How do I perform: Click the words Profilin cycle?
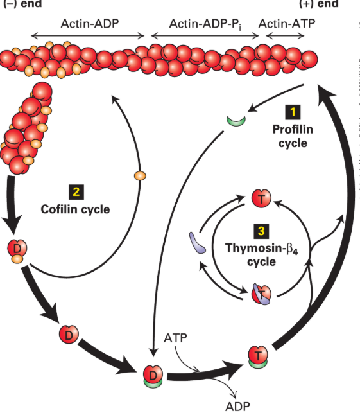pyautogui.click(x=293, y=136)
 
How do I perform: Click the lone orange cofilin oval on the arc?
pyautogui.click(x=139, y=175)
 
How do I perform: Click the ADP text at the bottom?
pyautogui.click(x=237, y=406)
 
